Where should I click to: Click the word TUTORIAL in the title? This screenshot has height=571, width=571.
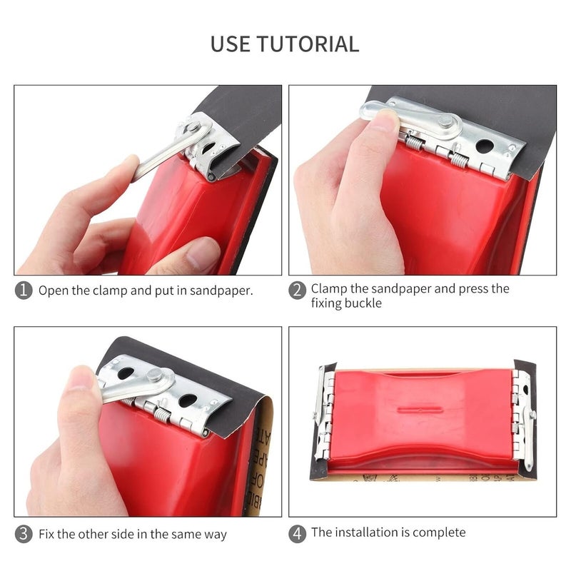[308, 44]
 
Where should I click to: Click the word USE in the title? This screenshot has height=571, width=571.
[231, 44]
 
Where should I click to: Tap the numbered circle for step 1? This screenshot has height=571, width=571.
[24, 290]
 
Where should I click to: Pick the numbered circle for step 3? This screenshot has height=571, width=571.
[24, 534]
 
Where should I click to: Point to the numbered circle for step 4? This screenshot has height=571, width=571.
[297, 532]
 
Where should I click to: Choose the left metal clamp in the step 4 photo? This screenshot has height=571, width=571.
[324, 418]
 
